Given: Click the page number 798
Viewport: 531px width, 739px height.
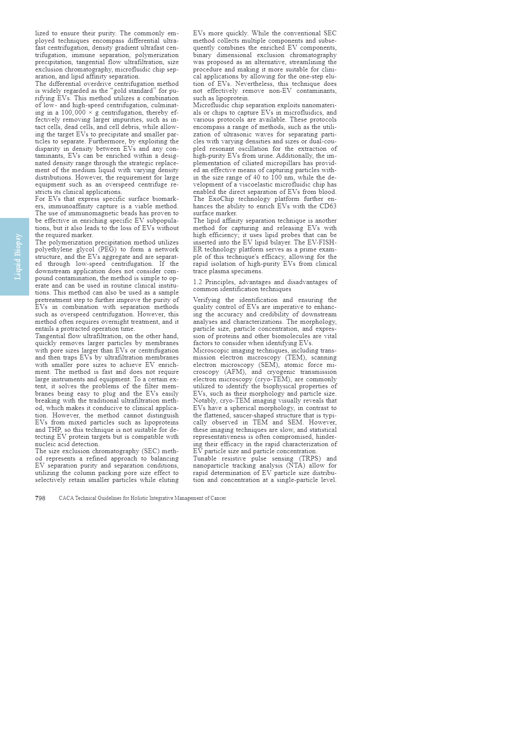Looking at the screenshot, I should [x=40, y=498].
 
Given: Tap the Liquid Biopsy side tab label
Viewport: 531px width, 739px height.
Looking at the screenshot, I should [x=18, y=257].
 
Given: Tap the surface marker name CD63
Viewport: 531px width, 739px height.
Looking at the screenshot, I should [x=329, y=207].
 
